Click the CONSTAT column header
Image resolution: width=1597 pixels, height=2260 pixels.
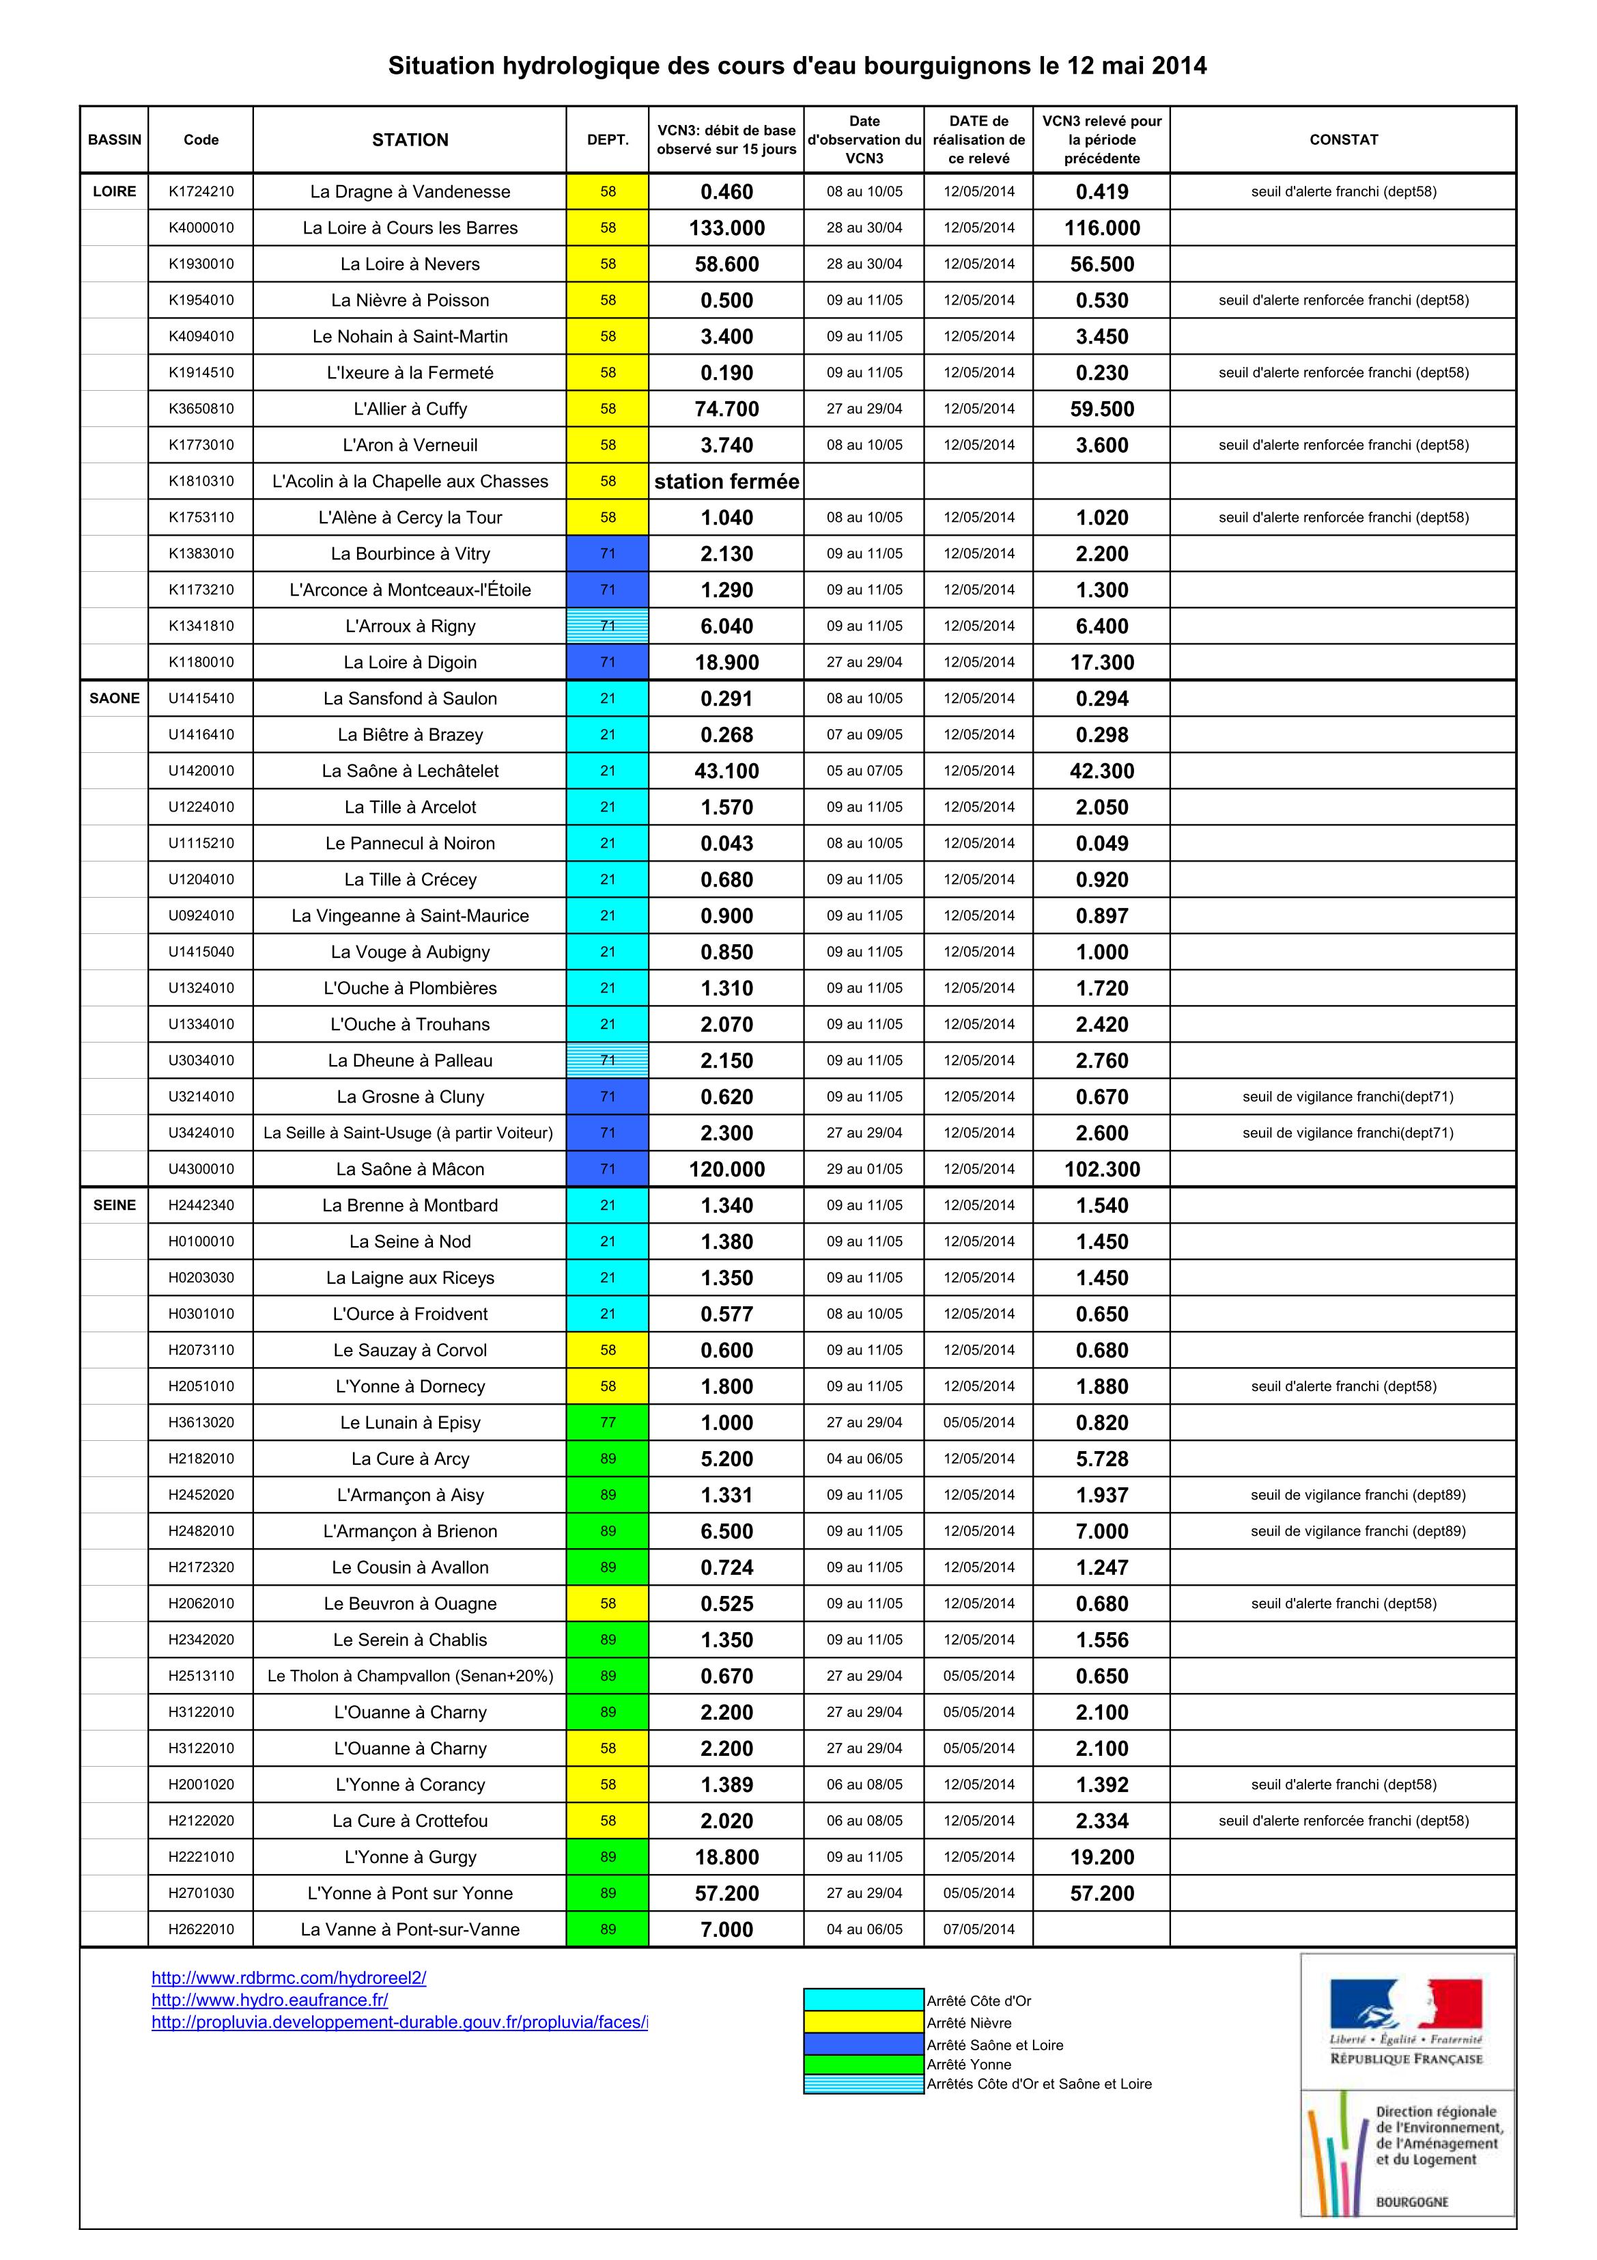(1343, 140)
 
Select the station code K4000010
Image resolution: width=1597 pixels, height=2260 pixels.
(201, 228)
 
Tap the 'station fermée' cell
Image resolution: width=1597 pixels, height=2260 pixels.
(726, 482)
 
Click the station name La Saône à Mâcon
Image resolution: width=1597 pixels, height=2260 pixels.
(410, 1170)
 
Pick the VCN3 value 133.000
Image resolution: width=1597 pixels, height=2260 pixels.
(726, 228)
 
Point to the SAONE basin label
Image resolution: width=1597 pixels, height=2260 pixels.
(114, 699)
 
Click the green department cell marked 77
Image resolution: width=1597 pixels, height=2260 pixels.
(607, 1422)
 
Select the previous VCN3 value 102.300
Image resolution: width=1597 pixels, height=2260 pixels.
(1101, 1170)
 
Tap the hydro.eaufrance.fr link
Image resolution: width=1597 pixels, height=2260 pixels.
(270, 2000)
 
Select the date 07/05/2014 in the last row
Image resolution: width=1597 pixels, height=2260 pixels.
(978, 1929)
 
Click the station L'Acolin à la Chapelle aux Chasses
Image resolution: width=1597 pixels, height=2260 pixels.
(410, 482)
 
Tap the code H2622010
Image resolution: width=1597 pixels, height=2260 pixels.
(201, 1929)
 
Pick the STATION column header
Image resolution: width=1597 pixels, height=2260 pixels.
(410, 140)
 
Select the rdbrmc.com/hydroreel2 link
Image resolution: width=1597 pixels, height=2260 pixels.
(288, 1977)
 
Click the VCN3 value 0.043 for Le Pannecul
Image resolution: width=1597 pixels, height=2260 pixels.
(726, 844)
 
